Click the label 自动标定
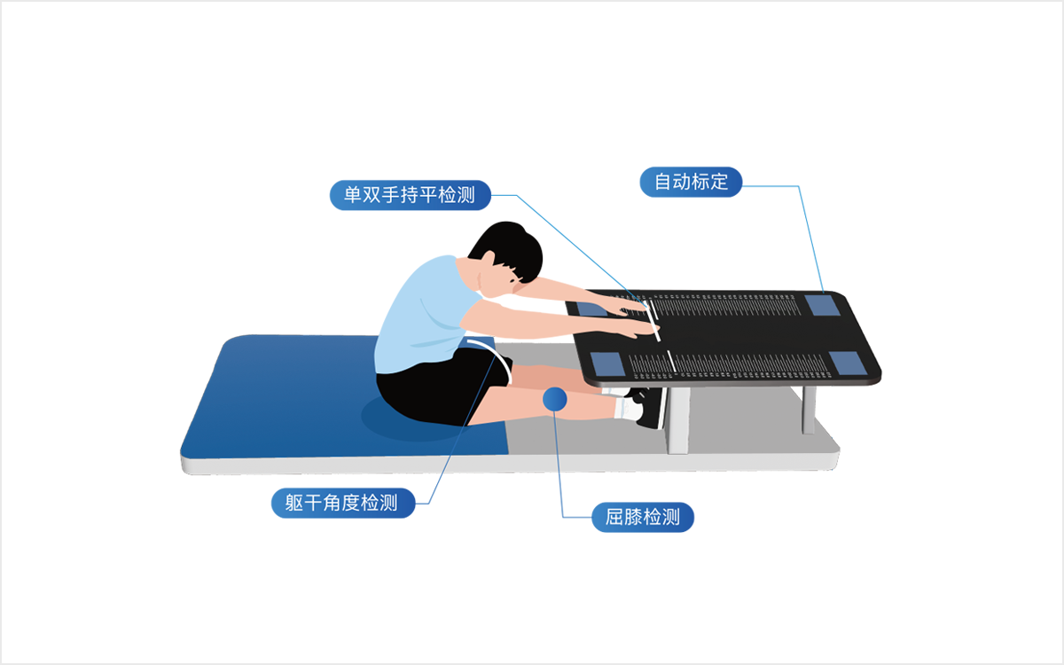click(691, 182)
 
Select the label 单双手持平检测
click(410, 195)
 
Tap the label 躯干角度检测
click(343, 503)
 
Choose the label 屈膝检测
click(643, 517)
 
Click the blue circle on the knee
click(555, 398)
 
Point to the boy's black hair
click(511, 248)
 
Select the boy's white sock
click(628, 409)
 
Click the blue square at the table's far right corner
click(822, 305)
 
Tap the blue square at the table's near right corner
click(848, 363)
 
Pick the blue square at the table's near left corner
click(607, 364)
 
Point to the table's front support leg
click(678, 420)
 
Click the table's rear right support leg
click(809, 410)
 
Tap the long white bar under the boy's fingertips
click(653, 321)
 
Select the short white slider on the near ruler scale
click(671, 362)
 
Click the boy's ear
click(489, 259)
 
